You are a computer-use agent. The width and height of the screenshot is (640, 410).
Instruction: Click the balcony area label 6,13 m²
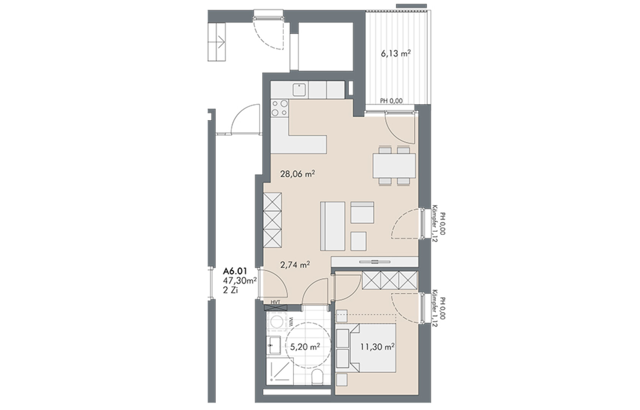396,54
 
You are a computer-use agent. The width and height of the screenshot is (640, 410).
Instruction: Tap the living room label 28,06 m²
297,174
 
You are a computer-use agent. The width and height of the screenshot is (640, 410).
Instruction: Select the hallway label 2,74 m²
295,265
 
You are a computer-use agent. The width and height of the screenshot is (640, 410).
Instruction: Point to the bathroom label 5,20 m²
305,347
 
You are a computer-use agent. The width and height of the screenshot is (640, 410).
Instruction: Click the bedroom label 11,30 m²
378,347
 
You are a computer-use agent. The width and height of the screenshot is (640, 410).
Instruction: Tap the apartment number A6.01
235,271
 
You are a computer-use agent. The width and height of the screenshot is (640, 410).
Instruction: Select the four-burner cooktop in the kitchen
280,108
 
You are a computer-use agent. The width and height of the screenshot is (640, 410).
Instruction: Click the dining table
394,166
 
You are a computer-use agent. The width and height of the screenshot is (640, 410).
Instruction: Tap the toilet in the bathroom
317,377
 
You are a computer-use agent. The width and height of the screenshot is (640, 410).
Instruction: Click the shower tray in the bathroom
280,371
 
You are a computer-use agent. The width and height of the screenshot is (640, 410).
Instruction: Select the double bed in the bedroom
366,348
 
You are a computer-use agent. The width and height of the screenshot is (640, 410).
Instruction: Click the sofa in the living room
333,226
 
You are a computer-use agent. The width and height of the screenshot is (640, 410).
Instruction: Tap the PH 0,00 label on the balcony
391,101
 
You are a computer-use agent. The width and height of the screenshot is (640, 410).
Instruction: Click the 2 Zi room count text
230,290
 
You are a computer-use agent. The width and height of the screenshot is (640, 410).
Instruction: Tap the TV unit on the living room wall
375,262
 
